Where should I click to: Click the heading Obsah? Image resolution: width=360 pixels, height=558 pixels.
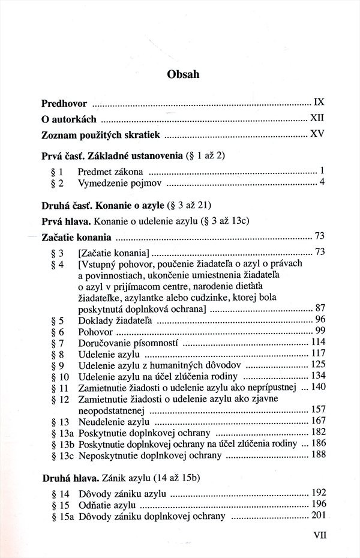coord(179,75)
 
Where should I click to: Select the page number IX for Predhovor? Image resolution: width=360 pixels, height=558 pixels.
coord(319,103)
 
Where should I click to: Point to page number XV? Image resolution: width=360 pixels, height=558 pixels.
coord(317,134)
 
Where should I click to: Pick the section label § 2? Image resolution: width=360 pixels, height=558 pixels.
coord(58,182)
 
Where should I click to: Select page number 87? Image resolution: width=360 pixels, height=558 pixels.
coord(319,308)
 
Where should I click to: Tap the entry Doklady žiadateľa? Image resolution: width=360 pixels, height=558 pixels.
coord(115,320)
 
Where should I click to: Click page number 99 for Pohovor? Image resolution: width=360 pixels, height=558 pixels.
coord(319,331)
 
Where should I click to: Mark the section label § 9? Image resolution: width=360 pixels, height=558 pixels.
coord(58,365)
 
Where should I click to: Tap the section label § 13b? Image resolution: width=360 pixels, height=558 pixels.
coord(62,444)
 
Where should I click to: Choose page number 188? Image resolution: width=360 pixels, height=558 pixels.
coord(317,455)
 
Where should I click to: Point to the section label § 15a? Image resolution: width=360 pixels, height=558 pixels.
coord(62,517)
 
